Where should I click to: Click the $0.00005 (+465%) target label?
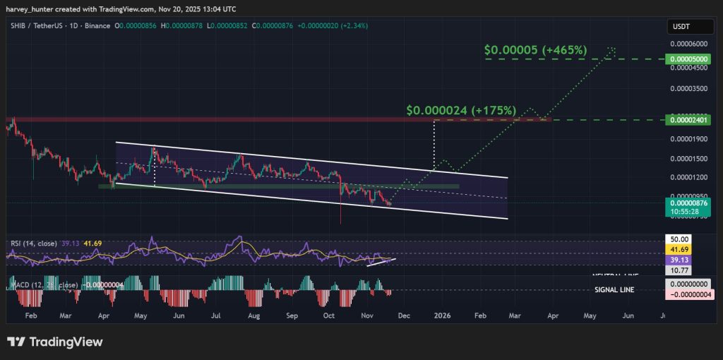[536, 51]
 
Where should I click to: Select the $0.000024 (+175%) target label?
[461, 111]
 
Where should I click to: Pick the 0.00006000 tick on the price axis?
[687, 44]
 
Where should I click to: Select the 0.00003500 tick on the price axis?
[687, 89]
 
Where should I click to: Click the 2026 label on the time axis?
[443, 316]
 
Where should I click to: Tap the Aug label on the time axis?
[253, 316]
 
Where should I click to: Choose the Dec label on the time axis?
[403, 316]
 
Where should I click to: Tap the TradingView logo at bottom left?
[55, 342]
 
